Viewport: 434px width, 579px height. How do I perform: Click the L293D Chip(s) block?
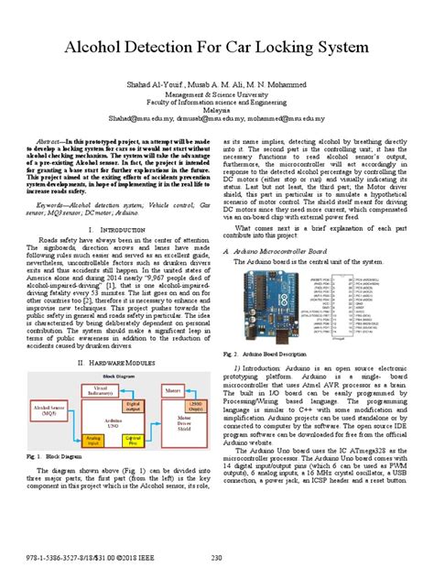coord(184,379)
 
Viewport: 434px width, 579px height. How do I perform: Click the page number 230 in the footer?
coord(217,558)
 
